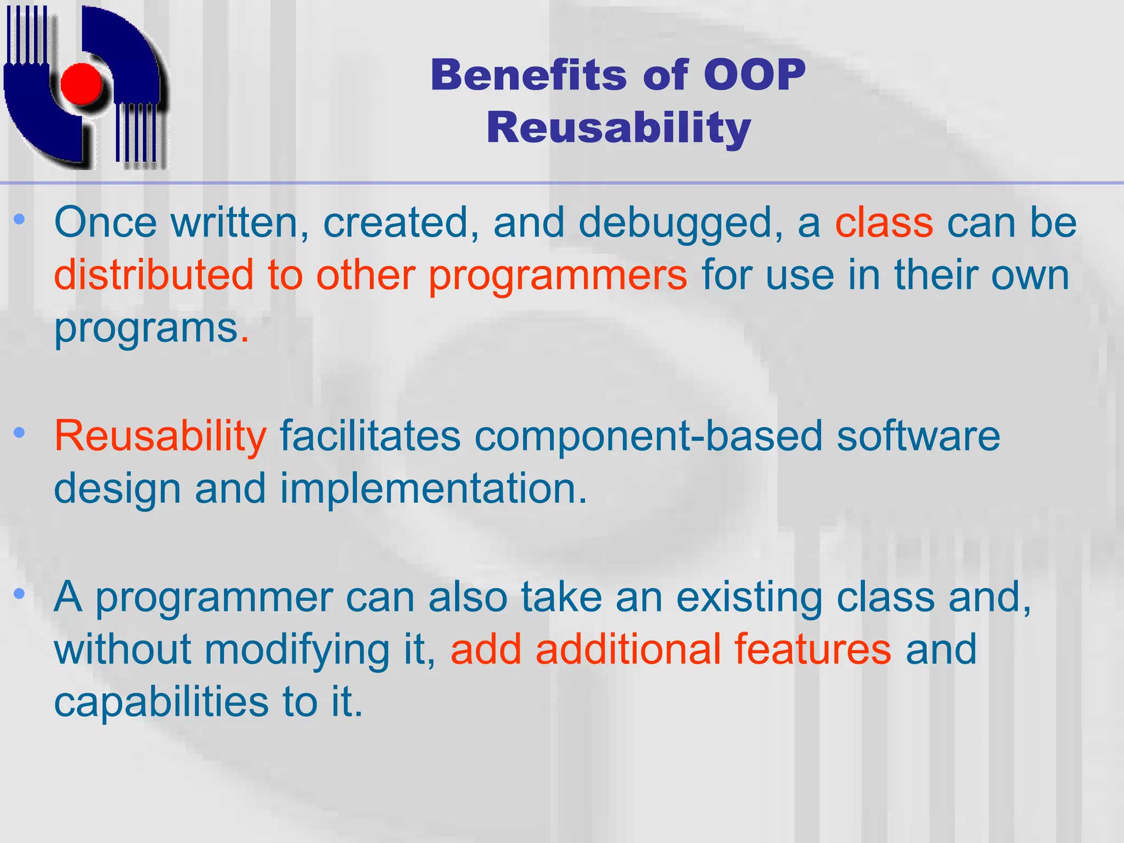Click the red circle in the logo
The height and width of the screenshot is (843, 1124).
[82, 84]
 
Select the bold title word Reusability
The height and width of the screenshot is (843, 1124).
[619, 127]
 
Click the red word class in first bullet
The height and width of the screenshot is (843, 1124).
[884, 223]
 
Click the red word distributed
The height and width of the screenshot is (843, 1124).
[154, 274]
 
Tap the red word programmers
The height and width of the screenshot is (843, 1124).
[557, 276]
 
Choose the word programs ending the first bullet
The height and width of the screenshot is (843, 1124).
[146, 328]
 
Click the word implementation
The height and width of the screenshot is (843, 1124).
[434, 488]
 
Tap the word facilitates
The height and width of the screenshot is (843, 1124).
[370, 435]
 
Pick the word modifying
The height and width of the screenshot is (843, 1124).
[297, 650]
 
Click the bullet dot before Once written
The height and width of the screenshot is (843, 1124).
[20, 220]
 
